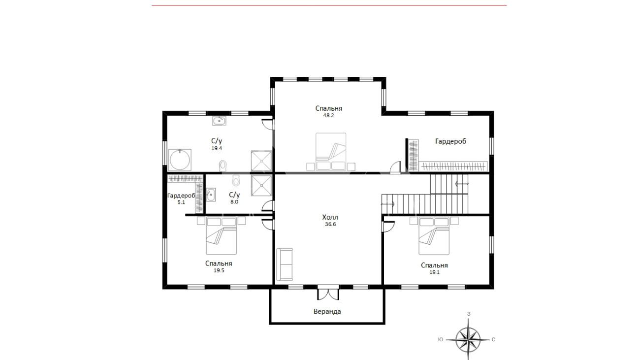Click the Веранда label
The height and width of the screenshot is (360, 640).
327,311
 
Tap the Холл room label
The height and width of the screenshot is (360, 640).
330,217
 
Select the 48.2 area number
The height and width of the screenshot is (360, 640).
328,115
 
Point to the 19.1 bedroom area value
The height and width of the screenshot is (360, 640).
434,272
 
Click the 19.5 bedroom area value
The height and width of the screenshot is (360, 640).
219,270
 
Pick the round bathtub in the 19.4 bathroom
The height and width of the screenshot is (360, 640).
180,160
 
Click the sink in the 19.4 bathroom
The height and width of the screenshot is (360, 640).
219,121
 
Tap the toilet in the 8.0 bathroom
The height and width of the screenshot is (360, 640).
236,180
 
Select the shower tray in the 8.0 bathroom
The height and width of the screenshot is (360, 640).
261,186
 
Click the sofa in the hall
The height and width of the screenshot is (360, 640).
284,264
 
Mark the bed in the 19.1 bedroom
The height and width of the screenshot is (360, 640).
434,236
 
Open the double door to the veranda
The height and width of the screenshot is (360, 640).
328,293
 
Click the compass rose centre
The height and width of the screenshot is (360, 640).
468,340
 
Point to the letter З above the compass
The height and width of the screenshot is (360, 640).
469,314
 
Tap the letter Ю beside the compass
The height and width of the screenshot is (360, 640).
440,339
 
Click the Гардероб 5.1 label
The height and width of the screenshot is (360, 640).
181,199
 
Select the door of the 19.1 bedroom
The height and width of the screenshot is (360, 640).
388,226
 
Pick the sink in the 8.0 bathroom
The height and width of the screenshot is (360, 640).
211,195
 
